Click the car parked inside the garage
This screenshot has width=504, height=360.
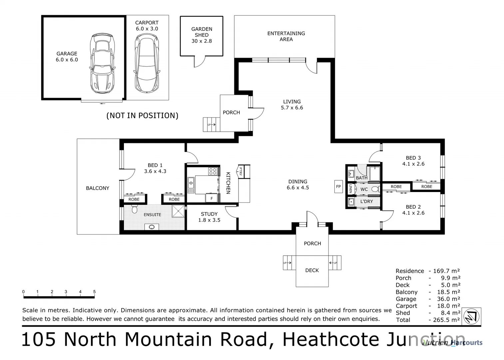[102, 63]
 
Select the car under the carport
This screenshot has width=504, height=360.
[147, 64]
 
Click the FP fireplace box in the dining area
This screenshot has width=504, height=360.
[338, 187]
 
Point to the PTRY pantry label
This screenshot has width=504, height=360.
[241, 171]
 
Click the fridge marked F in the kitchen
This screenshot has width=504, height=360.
[211, 198]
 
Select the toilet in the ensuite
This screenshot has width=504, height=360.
[135, 209]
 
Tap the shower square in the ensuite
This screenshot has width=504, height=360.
[178, 211]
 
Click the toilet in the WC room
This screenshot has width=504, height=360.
[375, 189]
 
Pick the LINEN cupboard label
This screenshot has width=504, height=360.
[350, 189]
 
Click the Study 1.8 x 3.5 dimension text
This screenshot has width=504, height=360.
[209, 220]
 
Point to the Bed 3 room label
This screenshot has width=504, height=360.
[413, 158]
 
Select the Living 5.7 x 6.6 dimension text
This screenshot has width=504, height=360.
[292, 108]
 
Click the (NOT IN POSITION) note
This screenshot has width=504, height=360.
[142, 116]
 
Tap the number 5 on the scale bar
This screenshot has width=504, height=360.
[94, 292]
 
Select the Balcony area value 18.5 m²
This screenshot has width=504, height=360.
[448, 292]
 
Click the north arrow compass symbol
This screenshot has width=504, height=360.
[472, 316]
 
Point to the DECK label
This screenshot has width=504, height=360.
[312, 270]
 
